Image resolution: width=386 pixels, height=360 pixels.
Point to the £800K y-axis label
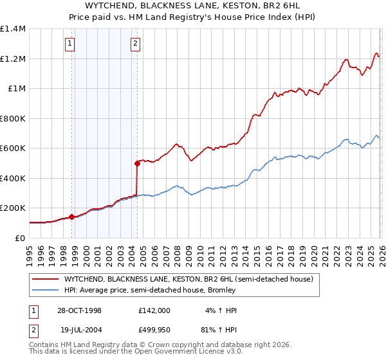(13, 118)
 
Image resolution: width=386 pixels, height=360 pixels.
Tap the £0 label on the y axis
(21, 238)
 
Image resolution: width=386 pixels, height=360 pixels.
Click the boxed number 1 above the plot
(69, 44)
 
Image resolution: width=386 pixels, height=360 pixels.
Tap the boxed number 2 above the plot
(136, 44)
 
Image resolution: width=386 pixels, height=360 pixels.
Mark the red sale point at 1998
(72, 217)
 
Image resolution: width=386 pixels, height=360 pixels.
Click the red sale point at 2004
(137, 163)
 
